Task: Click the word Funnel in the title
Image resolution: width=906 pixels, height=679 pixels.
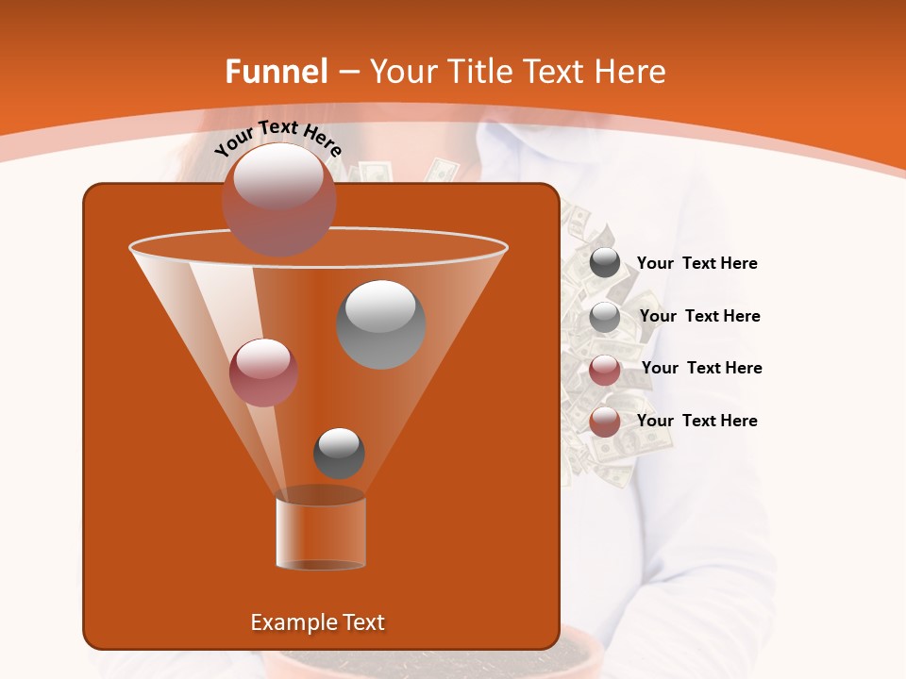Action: tap(277, 72)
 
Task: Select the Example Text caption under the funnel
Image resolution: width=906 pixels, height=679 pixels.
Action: tap(318, 622)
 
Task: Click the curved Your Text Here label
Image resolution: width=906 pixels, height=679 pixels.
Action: tap(278, 138)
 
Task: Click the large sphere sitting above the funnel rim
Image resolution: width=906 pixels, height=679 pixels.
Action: tap(279, 199)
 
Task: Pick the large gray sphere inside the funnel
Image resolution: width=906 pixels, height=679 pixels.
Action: tap(381, 324)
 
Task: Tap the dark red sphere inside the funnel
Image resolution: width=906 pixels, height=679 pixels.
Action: tap(264, 372)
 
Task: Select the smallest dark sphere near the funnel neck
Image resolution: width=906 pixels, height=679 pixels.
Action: tap(339, 453)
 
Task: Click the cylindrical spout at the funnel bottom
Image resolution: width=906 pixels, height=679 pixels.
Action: tap(321, 534)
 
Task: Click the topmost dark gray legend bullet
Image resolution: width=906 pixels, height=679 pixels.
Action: tap(605, 263)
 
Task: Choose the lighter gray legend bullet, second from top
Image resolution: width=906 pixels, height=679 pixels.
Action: tap(605, 317)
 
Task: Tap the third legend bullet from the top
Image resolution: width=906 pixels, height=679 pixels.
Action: tap(605, 370)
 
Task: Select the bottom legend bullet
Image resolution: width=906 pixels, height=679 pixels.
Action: tap(605, 422)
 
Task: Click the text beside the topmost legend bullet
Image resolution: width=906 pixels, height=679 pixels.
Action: tap(697, 264)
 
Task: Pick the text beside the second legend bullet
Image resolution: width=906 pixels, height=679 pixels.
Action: tap(700, 316)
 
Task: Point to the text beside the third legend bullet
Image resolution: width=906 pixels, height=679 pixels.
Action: tap(702, 368)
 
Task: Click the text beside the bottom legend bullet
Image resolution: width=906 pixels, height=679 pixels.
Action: tap(697, 421)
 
